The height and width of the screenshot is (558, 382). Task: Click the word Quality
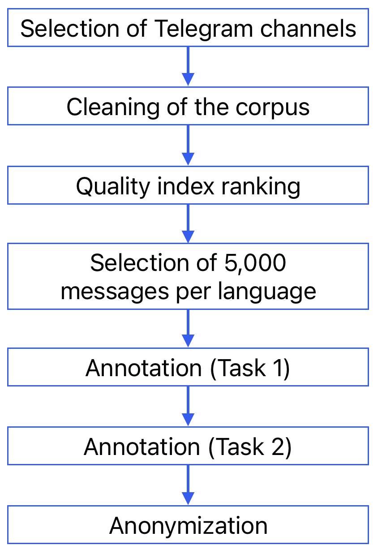coord(112,186)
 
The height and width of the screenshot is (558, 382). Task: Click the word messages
coord(107,291)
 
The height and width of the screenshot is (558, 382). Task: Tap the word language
coord(267,291)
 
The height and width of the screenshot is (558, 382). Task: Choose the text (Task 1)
coord(250,368)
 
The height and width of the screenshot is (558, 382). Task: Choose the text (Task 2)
coord(250,447)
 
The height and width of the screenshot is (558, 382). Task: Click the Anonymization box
coord(188,525)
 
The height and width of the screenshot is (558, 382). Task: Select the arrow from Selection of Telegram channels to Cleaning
coord(188,66)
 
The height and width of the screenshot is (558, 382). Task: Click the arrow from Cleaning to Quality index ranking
coord(188,145)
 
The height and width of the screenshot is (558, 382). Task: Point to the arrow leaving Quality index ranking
coord(188,223)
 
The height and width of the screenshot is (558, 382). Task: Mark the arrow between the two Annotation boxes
coord(188,406)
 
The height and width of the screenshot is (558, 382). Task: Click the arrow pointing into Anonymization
coord(188,485)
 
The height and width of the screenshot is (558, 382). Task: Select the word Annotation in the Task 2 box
coord(142,447)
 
